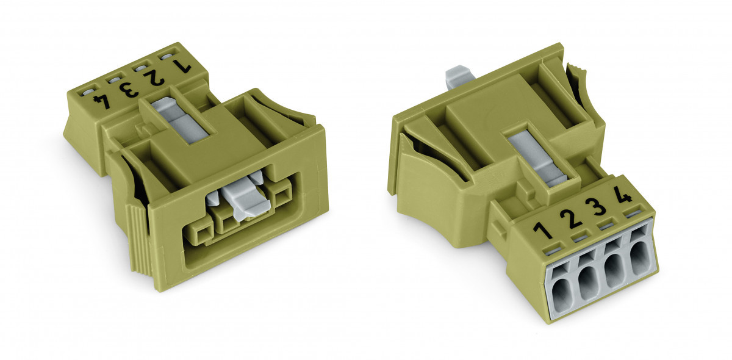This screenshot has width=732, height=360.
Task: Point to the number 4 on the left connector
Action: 106,99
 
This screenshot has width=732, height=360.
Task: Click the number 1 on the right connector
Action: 540,231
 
